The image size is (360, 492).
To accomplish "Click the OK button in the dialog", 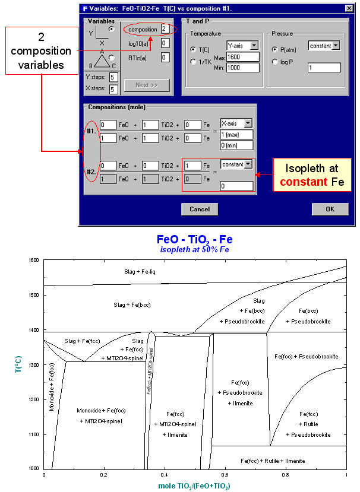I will (330, 209).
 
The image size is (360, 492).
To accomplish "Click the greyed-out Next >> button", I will (146, 85).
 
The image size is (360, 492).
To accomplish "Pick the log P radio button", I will (274, 61).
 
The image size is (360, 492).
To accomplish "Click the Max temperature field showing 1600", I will (242, 57).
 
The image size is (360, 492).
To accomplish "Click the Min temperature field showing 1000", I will (242, 67).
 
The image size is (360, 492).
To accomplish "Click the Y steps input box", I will (113, 78).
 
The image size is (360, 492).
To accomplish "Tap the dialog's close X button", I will (346, 8).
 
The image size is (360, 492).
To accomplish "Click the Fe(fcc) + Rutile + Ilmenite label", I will (277, 461).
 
